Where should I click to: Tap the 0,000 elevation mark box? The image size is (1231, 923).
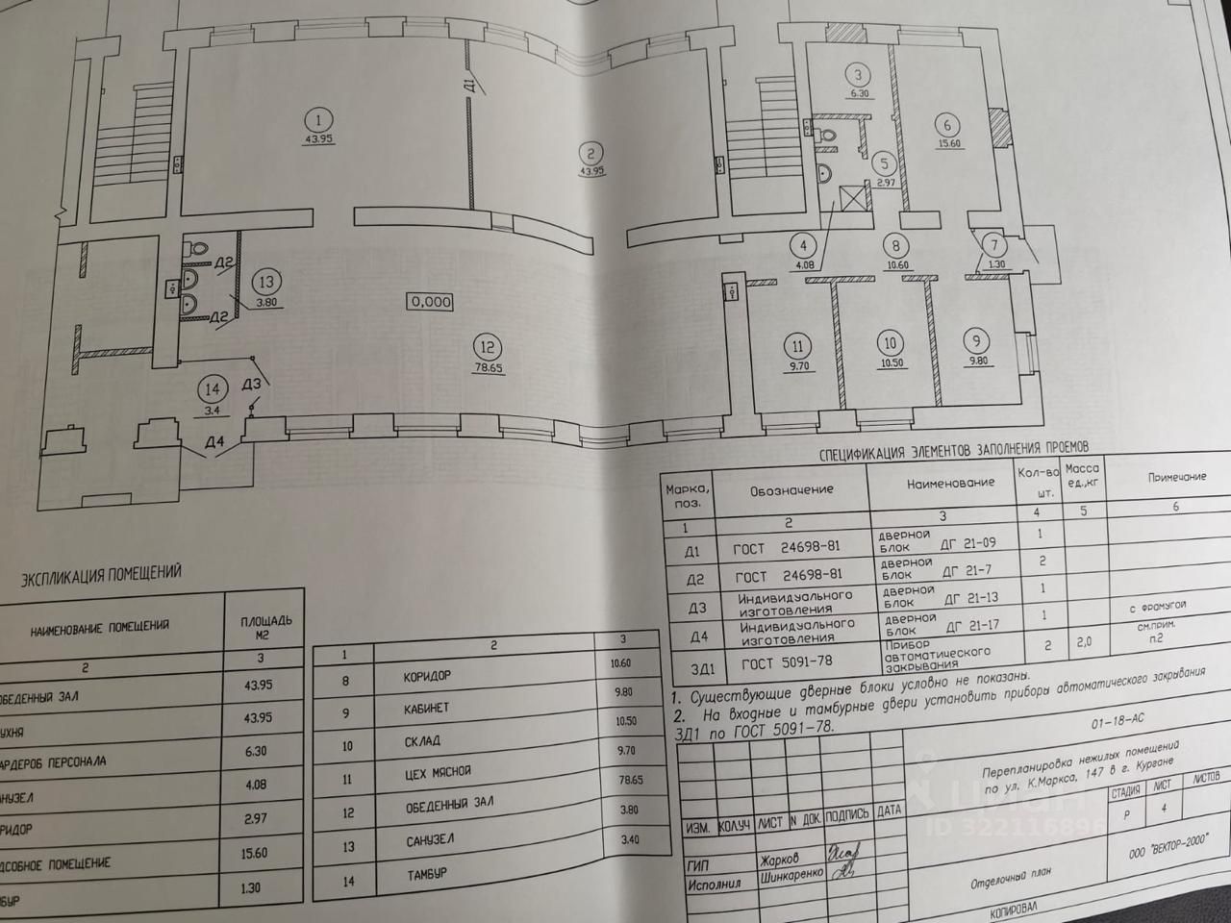pyautogui.click(x=430, y=301)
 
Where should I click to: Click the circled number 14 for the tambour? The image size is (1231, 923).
pyautogui.click(x=212, y=389)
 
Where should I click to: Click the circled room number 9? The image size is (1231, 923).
pyautogui.click(x=977, y=339)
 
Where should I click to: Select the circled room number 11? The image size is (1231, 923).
pyautogui.click(x=796, y=346)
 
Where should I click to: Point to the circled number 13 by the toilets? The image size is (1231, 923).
pyautogui.click(x=266, y=282)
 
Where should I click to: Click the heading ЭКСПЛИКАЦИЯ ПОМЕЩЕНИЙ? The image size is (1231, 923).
pyautogui.click(x=101, y=574)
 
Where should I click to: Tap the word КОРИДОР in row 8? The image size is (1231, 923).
pyautogui.click(x=427, y=677)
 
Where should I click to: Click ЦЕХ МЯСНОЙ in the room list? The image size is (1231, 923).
pyautogui.click(x=438, y=772)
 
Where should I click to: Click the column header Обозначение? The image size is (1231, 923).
pyautogui.click(x=791, y=490)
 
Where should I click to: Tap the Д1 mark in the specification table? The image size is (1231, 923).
pyautogui.click(x=692, y=552)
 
